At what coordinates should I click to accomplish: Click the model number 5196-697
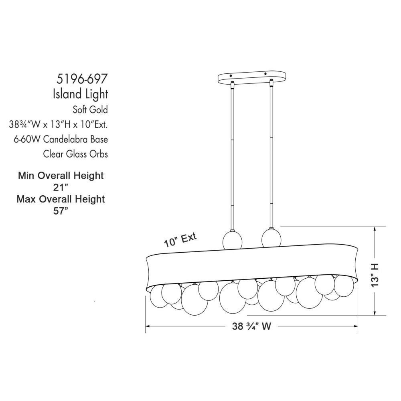tap(81, 79)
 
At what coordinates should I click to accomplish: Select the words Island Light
tap(81, 94)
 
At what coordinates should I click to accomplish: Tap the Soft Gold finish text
tap(90, 110)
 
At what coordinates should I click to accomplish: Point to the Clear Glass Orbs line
tap(75, 154)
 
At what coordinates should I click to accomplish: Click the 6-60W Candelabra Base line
tap(61, 140)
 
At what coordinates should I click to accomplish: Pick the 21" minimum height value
tap(61, 187)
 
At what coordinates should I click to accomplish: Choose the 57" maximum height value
tap(61, 211)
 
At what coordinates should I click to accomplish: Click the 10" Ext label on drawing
tap(180, 240)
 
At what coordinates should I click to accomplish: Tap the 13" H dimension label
tap(375, 275)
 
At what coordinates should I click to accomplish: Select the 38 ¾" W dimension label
tap(251, 326)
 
